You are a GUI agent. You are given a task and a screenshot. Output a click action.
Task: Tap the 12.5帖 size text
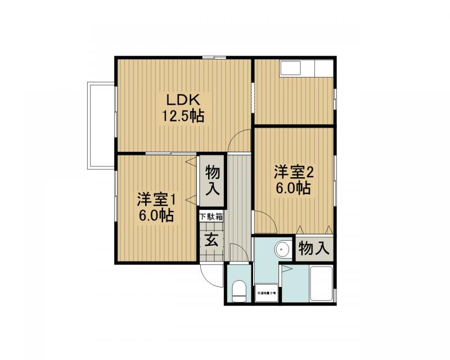(x=183, y=116)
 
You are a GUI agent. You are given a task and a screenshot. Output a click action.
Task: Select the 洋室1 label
(x=157, y=199)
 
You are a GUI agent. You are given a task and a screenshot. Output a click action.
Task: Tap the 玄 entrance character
(x=211, y=240)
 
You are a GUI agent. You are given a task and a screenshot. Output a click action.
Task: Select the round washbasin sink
(x=281, y=248)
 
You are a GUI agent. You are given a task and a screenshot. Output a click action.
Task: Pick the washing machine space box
(x=267, y=292)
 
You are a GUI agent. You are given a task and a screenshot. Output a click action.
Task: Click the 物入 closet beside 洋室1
(x=213, y=180)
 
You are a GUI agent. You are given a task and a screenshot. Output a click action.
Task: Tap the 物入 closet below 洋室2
(x=314, y=248)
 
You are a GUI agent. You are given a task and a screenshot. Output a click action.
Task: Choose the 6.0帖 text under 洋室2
(x=294, y=188)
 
